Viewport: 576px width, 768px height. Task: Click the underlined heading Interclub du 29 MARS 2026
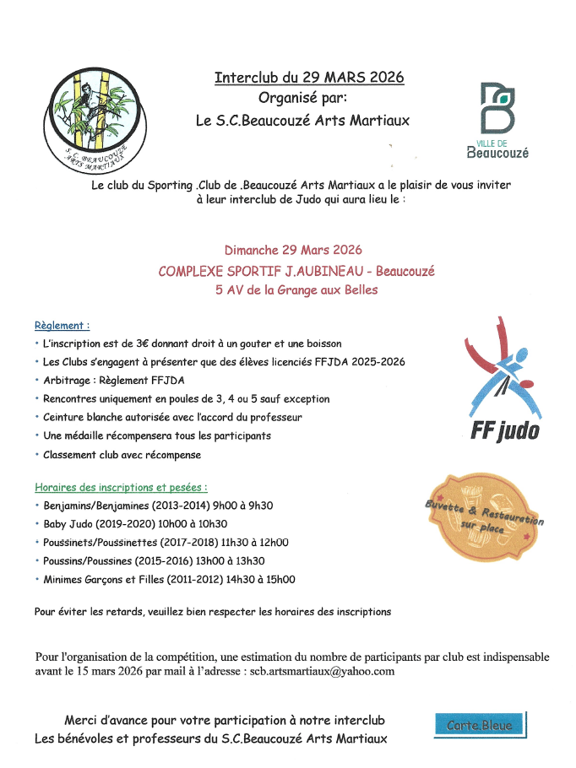pos(309,78)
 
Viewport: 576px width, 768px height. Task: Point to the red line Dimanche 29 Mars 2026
pos(293,250)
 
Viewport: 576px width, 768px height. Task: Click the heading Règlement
pos(62,325)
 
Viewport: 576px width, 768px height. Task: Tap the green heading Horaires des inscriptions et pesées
pos(121,487)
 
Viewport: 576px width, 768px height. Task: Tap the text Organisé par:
pos(309,98)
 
